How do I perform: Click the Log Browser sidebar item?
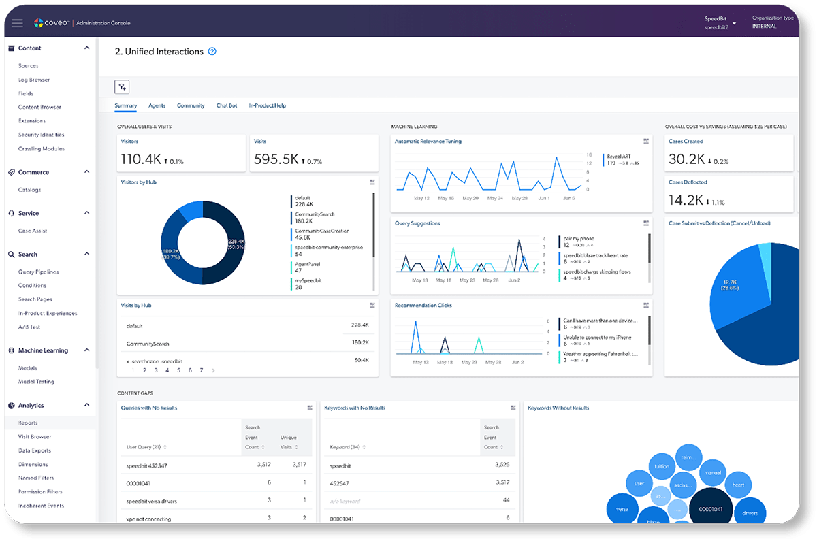click(34, 80)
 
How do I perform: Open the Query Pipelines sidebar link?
click(38, 272)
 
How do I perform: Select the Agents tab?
click(157, 105)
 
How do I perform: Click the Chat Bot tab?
click(227, 105)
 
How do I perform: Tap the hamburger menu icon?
click(17, 23)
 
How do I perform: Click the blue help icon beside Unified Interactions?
click(212, 52)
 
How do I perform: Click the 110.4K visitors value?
click(142, 159)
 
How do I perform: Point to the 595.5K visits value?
click(276, 159)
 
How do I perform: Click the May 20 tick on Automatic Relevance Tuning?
click(471, 198)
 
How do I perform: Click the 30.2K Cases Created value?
click(687, 159)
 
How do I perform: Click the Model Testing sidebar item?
click(36, 382)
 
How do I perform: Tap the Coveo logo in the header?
click(51, 23)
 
